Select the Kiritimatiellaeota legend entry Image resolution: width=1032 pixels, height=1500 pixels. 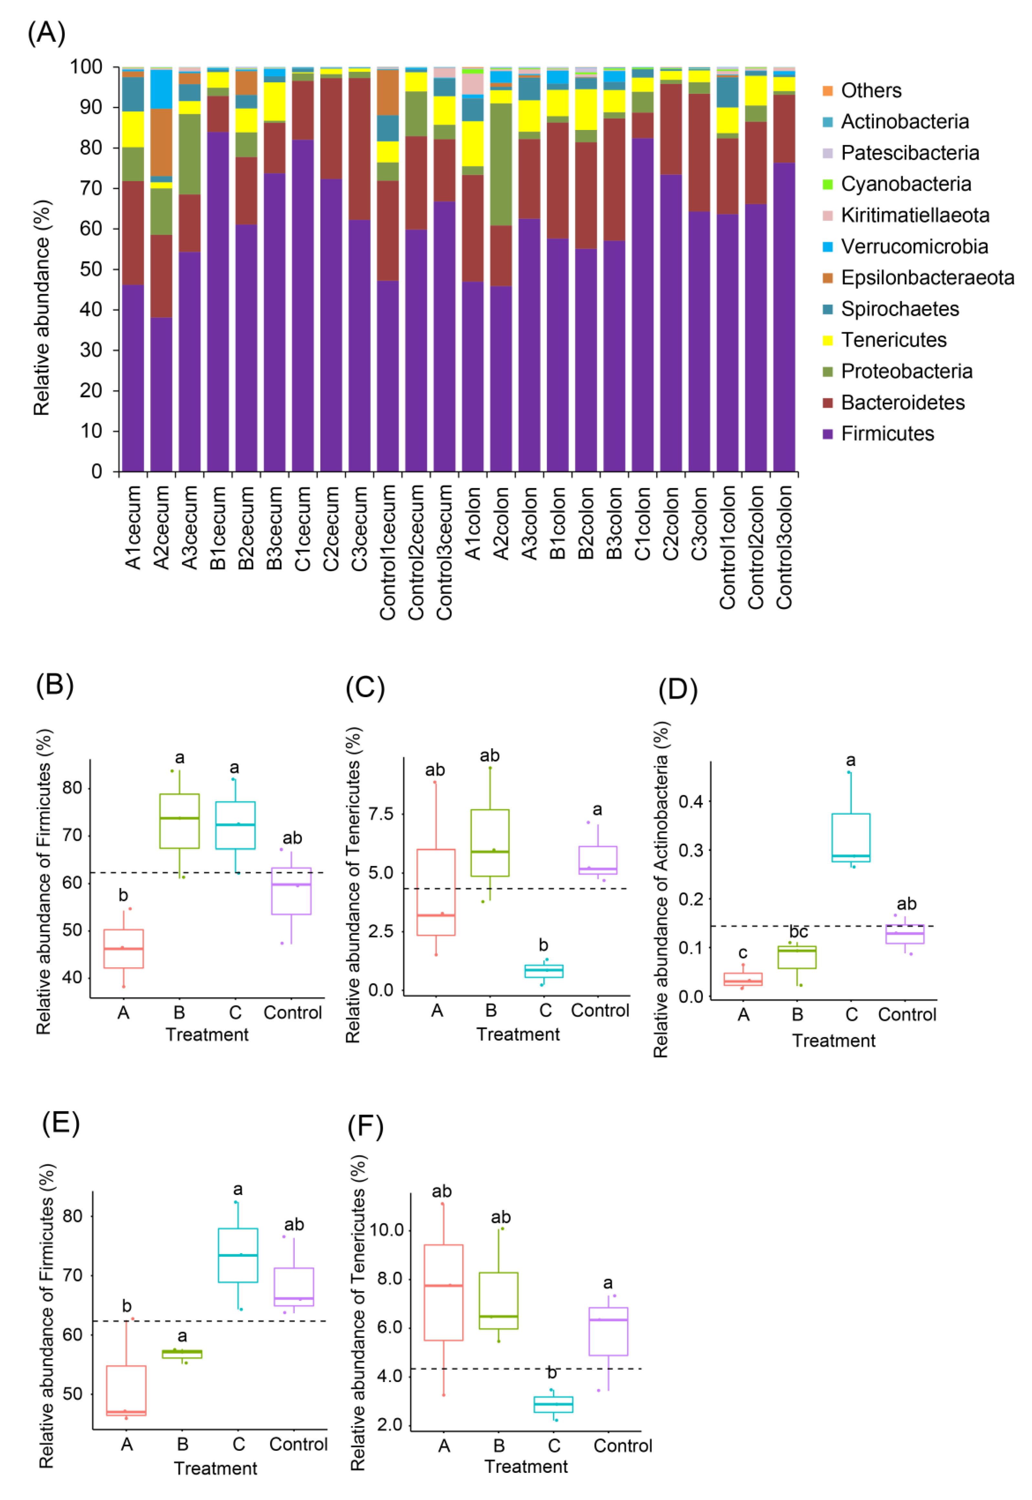tap(914, 215)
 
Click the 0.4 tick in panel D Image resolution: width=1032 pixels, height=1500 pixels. tap(690, 802)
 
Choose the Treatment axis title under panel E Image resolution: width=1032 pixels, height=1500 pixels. tap(215, 1468)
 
